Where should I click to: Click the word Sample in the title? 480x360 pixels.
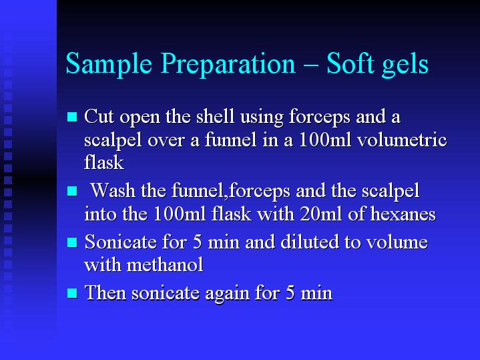pyautogui.click(x=109, y=64)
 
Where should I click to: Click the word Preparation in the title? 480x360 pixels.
pyautogui.click(x=228, y=64)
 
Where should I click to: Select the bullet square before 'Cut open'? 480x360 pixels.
pyautogui.click(x=72, y=117)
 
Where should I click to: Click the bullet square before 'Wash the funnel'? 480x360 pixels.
pyautogui.click(x=72, y=191)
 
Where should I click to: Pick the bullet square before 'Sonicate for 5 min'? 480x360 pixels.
pyautogui.click(x=72, y=242)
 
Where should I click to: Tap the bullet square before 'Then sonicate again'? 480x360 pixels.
pyautogui.click(x=72, y=293)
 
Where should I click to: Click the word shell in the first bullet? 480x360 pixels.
pyautogui.click(x=215, y=116)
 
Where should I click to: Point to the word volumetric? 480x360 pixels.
pyautogui.click(x=402, y=140)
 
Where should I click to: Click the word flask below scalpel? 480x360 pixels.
pyautogui.click(x=104, y=162)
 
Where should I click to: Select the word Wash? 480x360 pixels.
pyautogui.click(x=113, y=190)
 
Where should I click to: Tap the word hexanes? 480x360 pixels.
pyautogui.click(x=403, y=214)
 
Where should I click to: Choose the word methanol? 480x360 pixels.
pyautogui.click(x=165, y=264)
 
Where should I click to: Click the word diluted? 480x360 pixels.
pyautogui.click(x=310, y=242)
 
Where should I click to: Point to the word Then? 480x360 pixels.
pyautogui.click(x=105, y=293)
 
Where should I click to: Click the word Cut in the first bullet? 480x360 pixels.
pyautogui.click(x=99, y=116)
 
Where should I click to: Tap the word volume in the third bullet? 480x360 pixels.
pyautogui.click(x=397, y=242)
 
